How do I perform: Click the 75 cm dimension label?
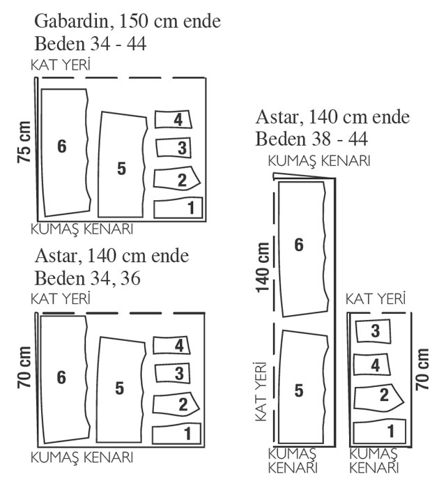(x=24, y=142)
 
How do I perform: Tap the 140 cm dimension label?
(x=263, y=268)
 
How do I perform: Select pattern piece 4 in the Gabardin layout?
(x=174, y=119)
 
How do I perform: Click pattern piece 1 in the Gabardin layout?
(x=178, y=208)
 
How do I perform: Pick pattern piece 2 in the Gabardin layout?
(x=177, y=178)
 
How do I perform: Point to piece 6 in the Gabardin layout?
(x=66, y=153)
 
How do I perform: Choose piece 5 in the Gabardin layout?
(x=122, y=165)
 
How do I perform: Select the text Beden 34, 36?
(x=87, y=278)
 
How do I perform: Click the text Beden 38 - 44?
(x=312, y=139)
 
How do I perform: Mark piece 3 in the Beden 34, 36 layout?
(x=173, y=374)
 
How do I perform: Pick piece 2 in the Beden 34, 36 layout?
(x=176, y=404)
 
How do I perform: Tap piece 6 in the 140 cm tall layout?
(x=303, y=249)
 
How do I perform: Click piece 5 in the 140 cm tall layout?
(x=303, y=387)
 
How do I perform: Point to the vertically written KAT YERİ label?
(x=261, y=391)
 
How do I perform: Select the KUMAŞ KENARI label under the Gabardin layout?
(x=82, y=229)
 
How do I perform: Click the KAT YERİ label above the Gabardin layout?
(x=61, y=65)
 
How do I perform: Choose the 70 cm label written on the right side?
(x=422, y=370)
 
